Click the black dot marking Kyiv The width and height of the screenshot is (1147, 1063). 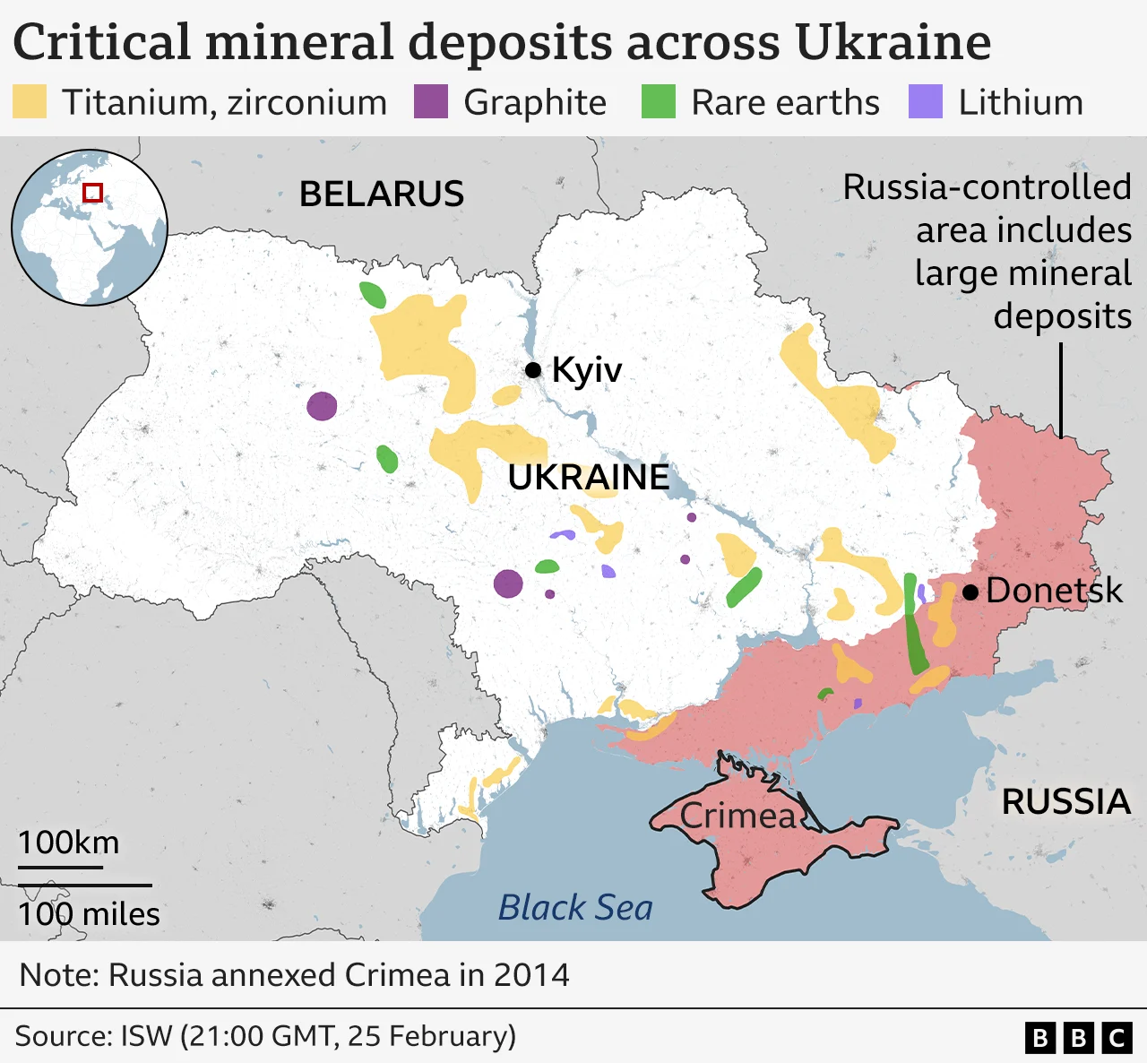tap(533, 369)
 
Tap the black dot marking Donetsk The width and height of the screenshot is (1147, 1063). tap(970, 592)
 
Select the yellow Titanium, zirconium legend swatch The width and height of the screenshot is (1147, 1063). tap(30, 102)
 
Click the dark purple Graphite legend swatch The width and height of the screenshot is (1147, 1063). tap(430, 102)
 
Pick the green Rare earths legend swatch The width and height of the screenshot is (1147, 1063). tap(659, 102)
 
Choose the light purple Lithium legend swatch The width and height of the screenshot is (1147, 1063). tap(926, 102)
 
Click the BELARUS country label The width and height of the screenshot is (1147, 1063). tap(382, 194)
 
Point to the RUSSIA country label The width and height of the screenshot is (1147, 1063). tap(1065, 802)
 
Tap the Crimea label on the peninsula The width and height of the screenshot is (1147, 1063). tap(737, 816)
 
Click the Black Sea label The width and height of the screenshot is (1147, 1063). tap(575, 908)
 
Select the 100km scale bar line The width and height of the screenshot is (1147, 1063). tap(60, 867)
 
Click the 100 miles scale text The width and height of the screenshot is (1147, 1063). tap(89, 914)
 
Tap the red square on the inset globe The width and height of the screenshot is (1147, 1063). tap(92, 193)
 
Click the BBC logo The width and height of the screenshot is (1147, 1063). tap(1079, 1038)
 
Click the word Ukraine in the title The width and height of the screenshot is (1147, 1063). tap(893, 42)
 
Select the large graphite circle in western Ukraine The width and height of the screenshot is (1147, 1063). tap(322, 406)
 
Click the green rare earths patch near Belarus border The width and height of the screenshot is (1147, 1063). tap(372, 295)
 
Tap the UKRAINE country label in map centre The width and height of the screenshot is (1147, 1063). tap(588, 478)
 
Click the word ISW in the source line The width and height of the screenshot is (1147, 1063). tap(146, 1036)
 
